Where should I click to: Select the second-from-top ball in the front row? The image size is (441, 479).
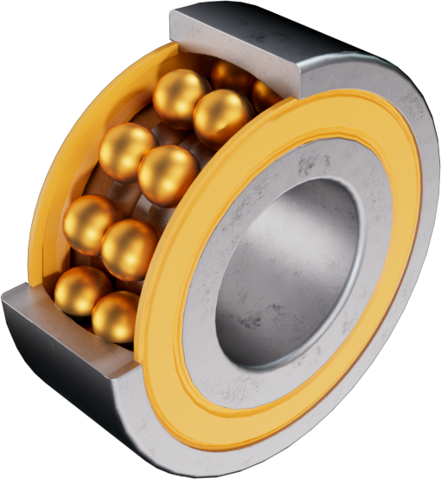(168, 174)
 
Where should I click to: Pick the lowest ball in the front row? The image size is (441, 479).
(115, 317)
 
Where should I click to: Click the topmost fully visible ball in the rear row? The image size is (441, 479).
(181, 94)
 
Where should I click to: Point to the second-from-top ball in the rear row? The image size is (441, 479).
(126, 151)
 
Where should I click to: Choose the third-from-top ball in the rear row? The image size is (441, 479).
(89, 224)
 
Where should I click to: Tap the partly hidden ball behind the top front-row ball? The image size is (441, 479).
(233, 76)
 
